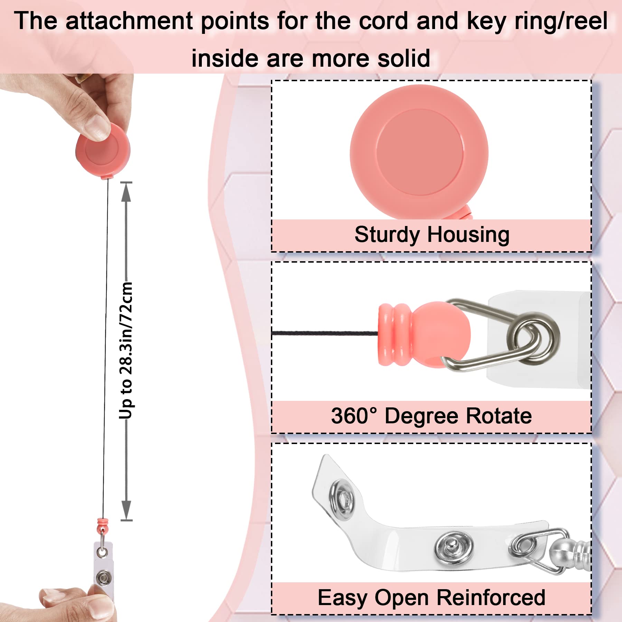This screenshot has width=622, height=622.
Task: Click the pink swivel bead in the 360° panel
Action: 424,334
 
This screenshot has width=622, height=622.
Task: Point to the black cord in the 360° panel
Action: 325,333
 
